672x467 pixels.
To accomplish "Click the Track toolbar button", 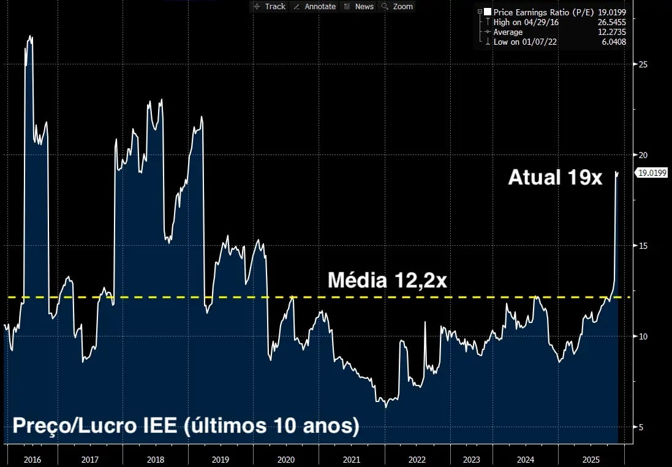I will click(270, 6).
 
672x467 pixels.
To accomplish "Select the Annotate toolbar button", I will click(315, 6).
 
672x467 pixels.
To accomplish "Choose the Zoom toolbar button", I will click(398, 6).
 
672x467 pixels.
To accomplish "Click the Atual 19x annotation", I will click(555, 178).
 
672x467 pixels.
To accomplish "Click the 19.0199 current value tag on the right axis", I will click(652, 173).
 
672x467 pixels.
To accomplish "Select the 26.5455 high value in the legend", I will click(611, 22).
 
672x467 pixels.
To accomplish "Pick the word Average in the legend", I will click(508, 32).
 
